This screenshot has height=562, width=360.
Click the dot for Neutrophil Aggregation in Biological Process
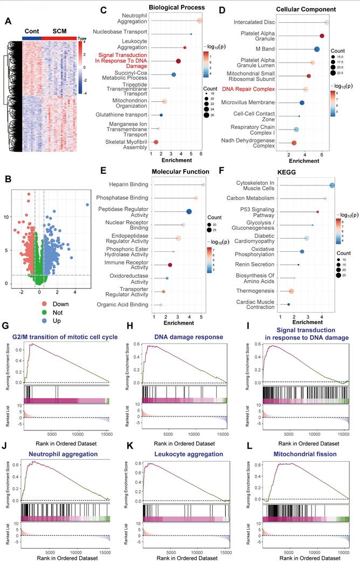point(199,20)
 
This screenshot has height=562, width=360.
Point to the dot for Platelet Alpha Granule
point(322,36)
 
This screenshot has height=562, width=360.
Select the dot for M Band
point(317,49)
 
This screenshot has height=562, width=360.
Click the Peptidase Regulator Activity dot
point(189,211)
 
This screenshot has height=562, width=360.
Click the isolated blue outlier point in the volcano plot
point(87,205)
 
